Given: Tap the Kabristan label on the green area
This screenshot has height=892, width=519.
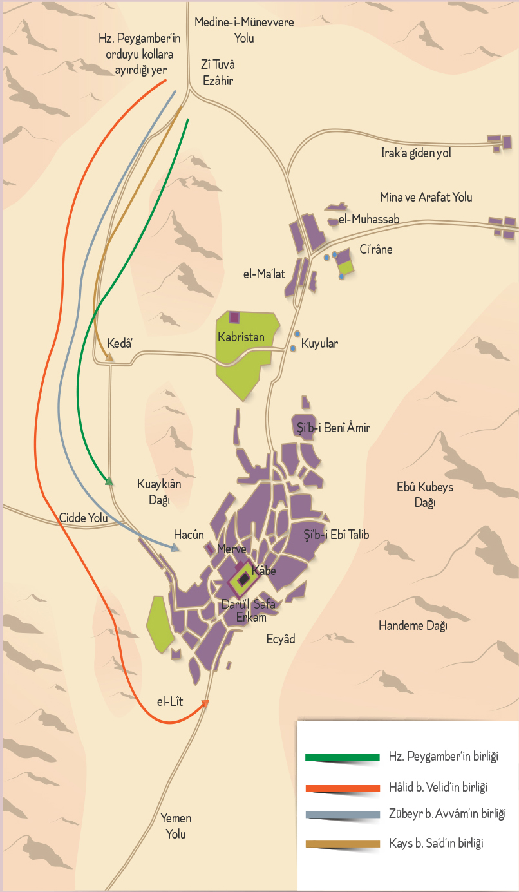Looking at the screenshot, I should (x=241, y=337).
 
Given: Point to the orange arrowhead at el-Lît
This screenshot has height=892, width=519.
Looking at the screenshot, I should (x=205, y=703).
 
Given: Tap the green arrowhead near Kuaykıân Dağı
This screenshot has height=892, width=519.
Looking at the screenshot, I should (x=109, y=480).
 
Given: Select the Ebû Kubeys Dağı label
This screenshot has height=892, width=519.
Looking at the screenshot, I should (x=425, y=495).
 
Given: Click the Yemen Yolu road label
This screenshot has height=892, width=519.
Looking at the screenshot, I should (x=176, y=826).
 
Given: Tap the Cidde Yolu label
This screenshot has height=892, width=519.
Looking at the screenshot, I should (x=83, y=518).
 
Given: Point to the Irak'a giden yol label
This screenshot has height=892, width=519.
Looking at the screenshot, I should (x=415, y=153).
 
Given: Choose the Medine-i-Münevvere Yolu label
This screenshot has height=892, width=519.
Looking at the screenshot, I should (x=244, y=30).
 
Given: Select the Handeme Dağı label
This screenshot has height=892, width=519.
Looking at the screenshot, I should (x=413, y=625).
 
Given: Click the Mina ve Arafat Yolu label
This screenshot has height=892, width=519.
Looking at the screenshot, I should (x=426, y=197).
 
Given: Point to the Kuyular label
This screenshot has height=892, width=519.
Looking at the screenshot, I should (x=319, y=344).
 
